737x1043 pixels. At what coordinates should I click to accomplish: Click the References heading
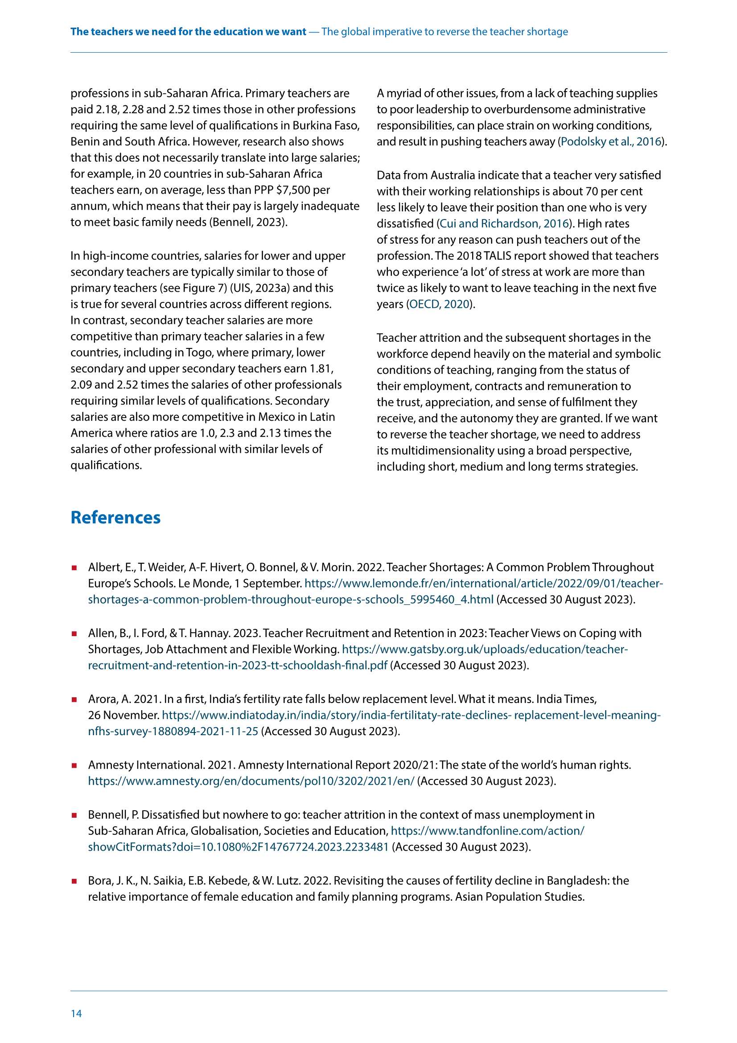pyautogui.click(x=115, y=517)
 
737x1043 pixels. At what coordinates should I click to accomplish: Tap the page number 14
pyautogui.click(x=76, y=1014)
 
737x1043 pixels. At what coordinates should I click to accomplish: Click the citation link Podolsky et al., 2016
pyautogui.click(x=611, y=142)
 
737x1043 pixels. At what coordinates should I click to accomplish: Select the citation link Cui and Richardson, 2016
pyautogui.click(x=505, y=223)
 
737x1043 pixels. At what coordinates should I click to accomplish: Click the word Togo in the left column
pyautogui.click(x=198, y=352)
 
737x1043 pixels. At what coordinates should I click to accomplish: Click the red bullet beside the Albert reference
pyautogui.click(x=74, y=568)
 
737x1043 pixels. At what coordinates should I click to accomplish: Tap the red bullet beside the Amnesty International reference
pyautogui.click(x=74, y=766)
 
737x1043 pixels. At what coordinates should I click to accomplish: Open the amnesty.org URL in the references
pyautogui.click(x=251, y=781)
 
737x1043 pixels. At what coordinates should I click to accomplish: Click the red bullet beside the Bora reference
pyautogui.click(x=74, y=881)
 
